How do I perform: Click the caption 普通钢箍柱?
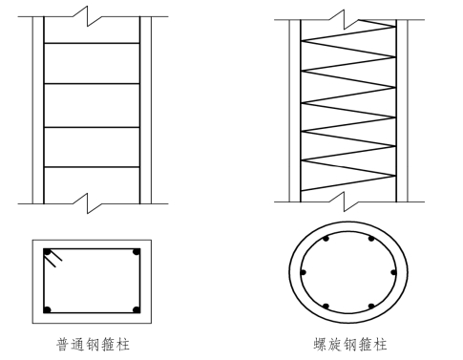pyautogui.click(x=93, y=345)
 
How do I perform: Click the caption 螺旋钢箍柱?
pyautogui.click(x=350, y=345)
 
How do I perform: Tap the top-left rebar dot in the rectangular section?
pyautogui.click(x=48, y=252)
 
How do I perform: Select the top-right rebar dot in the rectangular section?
pyautogui.click(x=137, y=252)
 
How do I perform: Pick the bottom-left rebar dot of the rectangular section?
pyautogui.click(x=48, y=309)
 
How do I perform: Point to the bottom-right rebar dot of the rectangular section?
pyautogui.click(x=137, y=309)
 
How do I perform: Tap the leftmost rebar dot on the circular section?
pyautogui.click(x=303, y=273)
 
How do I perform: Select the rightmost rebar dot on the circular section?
pyautogui.click(x=393, y=273)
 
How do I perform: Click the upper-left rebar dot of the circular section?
pyautogui.click(x=326, y=239)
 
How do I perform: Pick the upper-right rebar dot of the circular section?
pyautogui.click(x=371, y=239)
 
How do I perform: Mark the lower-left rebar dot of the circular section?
pyautogui.click(x=326, y=307)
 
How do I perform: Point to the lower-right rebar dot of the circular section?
pyautogui.click(x=371, y=307)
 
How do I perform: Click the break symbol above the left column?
pyautogui.click(x=88, y=16)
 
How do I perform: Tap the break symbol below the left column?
pyautogui.click(x=88, y=203)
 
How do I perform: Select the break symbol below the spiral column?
pyautogui.click(x=345, y=201)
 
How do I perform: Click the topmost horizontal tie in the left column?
pyautogui.click(x=92, y=43)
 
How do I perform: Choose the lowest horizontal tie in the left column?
pyautogui.click(x=92, y=167)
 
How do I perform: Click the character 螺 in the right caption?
pyautogui.click(x=320, y=345)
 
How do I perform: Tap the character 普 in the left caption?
pyautogui.click(x=63, y=345)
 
